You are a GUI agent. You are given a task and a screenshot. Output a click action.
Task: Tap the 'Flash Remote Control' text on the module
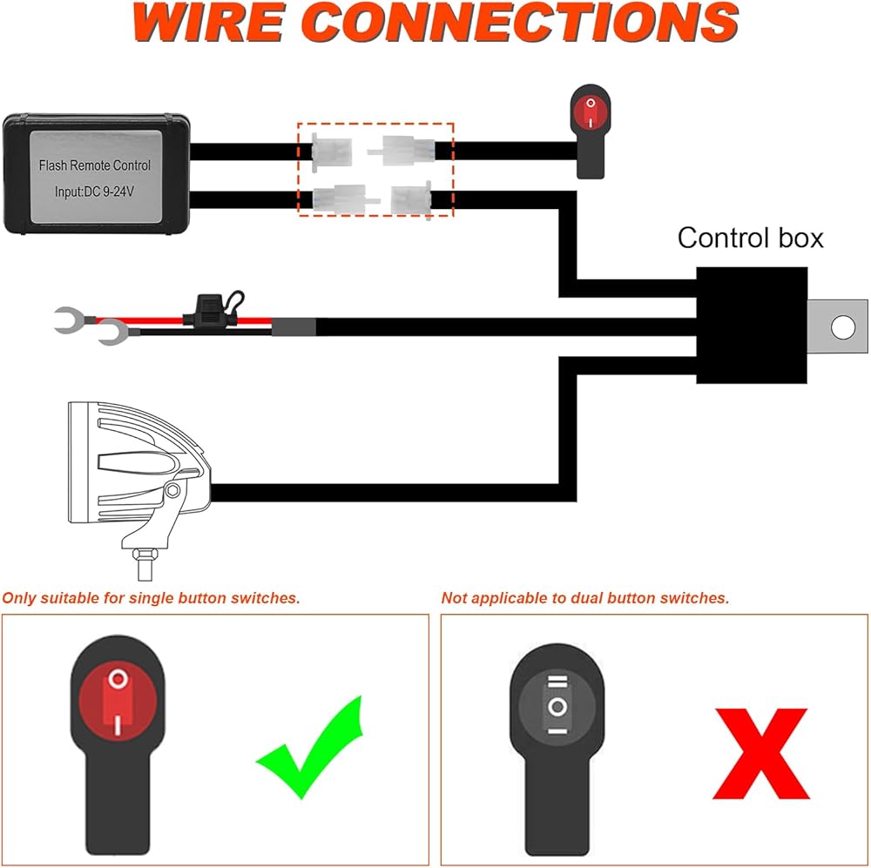tap(94, 165)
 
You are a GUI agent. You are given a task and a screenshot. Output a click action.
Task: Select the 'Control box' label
tap(750, 238)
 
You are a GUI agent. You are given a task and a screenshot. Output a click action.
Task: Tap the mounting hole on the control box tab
tap(842, 327)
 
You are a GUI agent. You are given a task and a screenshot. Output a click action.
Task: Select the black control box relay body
tap(751, 324)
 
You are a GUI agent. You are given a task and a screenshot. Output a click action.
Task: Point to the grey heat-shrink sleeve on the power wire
tap(293, 327)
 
